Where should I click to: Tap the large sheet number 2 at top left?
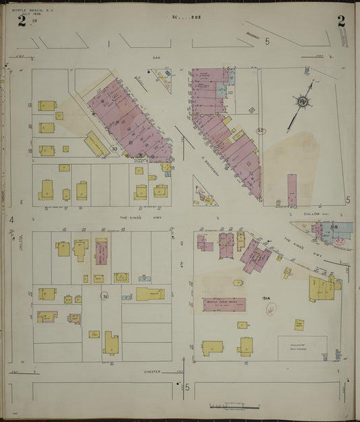22,22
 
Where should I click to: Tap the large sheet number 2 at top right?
341,20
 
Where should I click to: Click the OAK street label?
155,57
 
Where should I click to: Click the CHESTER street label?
152,371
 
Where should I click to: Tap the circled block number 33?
114,148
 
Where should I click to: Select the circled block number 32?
259,130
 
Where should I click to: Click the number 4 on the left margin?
11,219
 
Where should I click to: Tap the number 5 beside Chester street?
188,387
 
